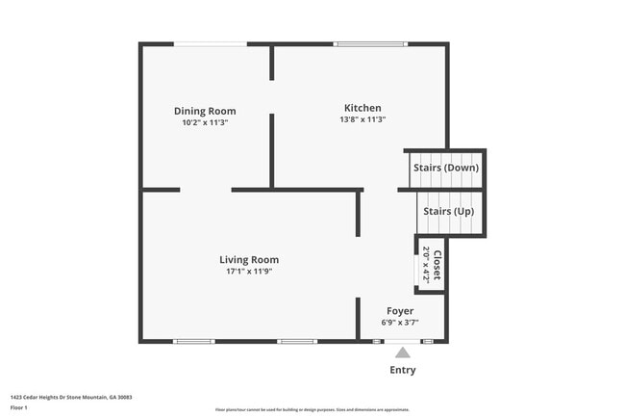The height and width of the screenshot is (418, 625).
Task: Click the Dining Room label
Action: point(205,111)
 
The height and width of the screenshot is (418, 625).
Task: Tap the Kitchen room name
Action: point(362,108)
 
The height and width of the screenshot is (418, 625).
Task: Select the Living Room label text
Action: point(249,259)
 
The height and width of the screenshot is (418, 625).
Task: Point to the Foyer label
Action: point(400,311)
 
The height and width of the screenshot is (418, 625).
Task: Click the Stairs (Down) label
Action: point(446,168)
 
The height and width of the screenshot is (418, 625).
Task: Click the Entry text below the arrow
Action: point(403,370)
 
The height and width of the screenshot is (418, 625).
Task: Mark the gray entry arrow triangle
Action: point(403,352)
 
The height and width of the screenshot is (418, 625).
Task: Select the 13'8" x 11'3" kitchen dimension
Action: point(362,120)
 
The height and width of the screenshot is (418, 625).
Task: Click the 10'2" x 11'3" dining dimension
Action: point(205,123)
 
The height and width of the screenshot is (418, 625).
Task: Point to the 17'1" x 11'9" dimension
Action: point(249,272)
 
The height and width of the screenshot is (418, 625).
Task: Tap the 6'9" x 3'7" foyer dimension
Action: point(400,323)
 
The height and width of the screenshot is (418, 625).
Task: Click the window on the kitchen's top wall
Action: point(370,44)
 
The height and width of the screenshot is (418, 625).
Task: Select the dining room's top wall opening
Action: point(210,44)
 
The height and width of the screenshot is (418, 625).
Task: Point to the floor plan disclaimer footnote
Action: point(312,409)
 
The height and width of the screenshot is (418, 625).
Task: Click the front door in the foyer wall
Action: point(403,341)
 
